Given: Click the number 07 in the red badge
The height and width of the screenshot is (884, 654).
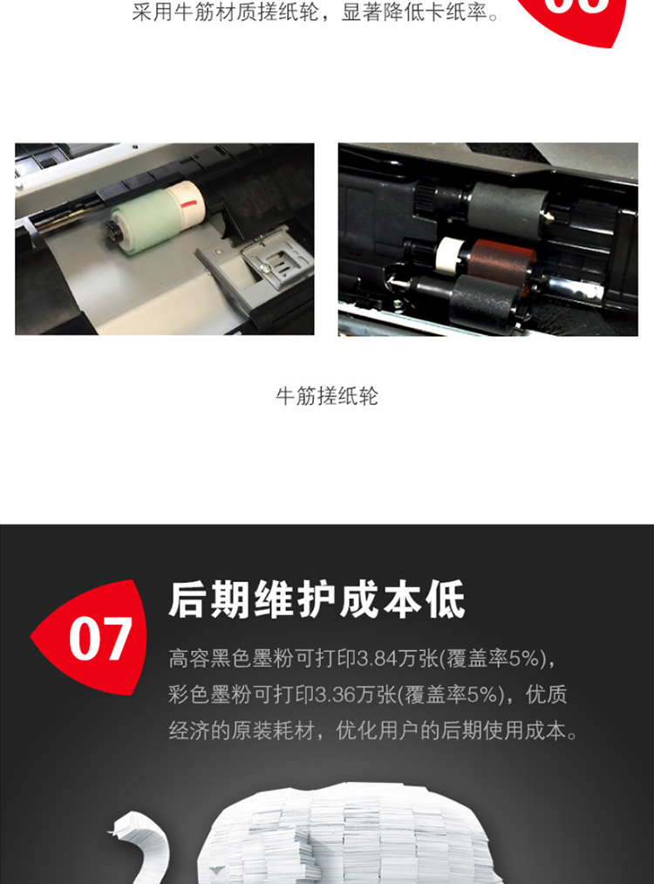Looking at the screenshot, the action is point(101,638).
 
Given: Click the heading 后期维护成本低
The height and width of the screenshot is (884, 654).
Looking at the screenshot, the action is point(317,600).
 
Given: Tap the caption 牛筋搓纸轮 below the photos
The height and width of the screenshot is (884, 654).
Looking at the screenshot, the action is point(327,396).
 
